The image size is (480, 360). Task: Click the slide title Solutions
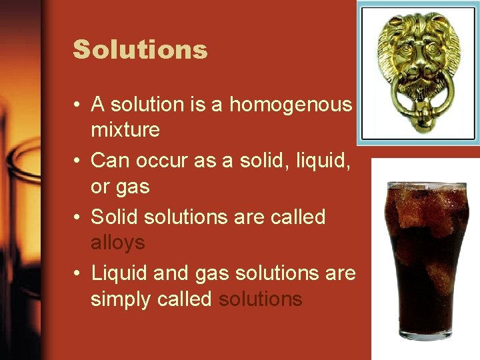140,50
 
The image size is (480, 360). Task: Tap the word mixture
125,129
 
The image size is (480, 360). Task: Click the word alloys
117,243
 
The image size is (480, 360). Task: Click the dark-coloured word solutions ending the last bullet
261,299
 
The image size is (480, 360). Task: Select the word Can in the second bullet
107,161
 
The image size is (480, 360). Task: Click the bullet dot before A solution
78,105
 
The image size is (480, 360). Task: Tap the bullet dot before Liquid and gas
78,274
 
